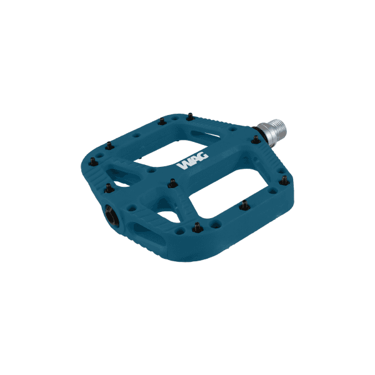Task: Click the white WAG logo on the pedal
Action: [x=193, y=162]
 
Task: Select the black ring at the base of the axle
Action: [x=258, y=136]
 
